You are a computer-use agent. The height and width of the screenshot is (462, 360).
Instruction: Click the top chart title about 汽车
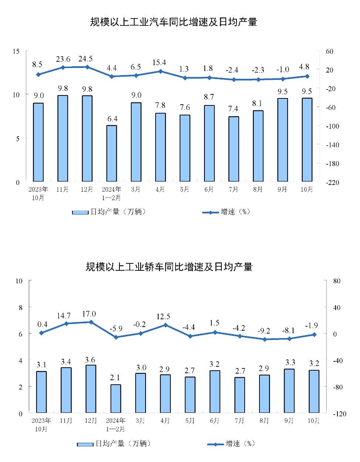[x=173, y=22]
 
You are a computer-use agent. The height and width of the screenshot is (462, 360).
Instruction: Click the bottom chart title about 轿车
[x=169, y=267]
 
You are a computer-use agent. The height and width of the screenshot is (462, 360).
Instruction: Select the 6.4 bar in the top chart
[x=112, y=153]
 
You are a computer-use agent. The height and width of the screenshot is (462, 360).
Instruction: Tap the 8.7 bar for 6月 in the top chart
[x=209, y=143]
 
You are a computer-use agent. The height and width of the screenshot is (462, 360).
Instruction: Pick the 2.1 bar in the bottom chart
[x=116, y=399]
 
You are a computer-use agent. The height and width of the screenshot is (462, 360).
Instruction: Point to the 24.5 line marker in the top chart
[x=87, y=67]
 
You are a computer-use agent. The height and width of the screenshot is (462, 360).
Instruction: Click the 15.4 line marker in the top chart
[x=160, y=71]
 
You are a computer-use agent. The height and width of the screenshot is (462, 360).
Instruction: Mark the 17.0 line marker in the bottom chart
[x=91, y=322]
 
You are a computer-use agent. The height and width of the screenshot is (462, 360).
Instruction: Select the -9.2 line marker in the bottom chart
[x=265, y=340]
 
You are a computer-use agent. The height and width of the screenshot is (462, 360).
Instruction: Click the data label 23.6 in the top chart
[x=63, y=59]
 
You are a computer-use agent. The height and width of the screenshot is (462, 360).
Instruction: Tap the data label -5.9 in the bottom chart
[x=116, y=329]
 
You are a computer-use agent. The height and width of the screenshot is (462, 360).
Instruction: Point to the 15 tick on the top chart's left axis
[x=16, y=51]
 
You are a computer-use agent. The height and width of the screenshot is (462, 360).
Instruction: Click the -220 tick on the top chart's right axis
[x=332, y=182]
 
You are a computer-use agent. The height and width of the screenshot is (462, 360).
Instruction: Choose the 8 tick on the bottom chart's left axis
[x=20, y=308]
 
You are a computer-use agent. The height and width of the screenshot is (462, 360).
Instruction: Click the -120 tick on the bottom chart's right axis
[x=340, y=414]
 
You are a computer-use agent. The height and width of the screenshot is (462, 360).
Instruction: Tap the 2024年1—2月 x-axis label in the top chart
[x=111, y=193]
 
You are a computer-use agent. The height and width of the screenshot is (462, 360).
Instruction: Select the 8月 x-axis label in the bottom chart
[x=264, y=421]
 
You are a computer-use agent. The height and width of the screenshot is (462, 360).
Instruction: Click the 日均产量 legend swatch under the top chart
[x=80, y=212]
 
